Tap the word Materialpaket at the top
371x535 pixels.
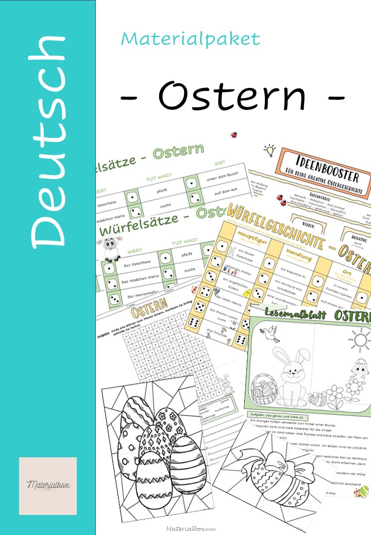[x=191, y=39]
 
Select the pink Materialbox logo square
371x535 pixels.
[x=48, y=486]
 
